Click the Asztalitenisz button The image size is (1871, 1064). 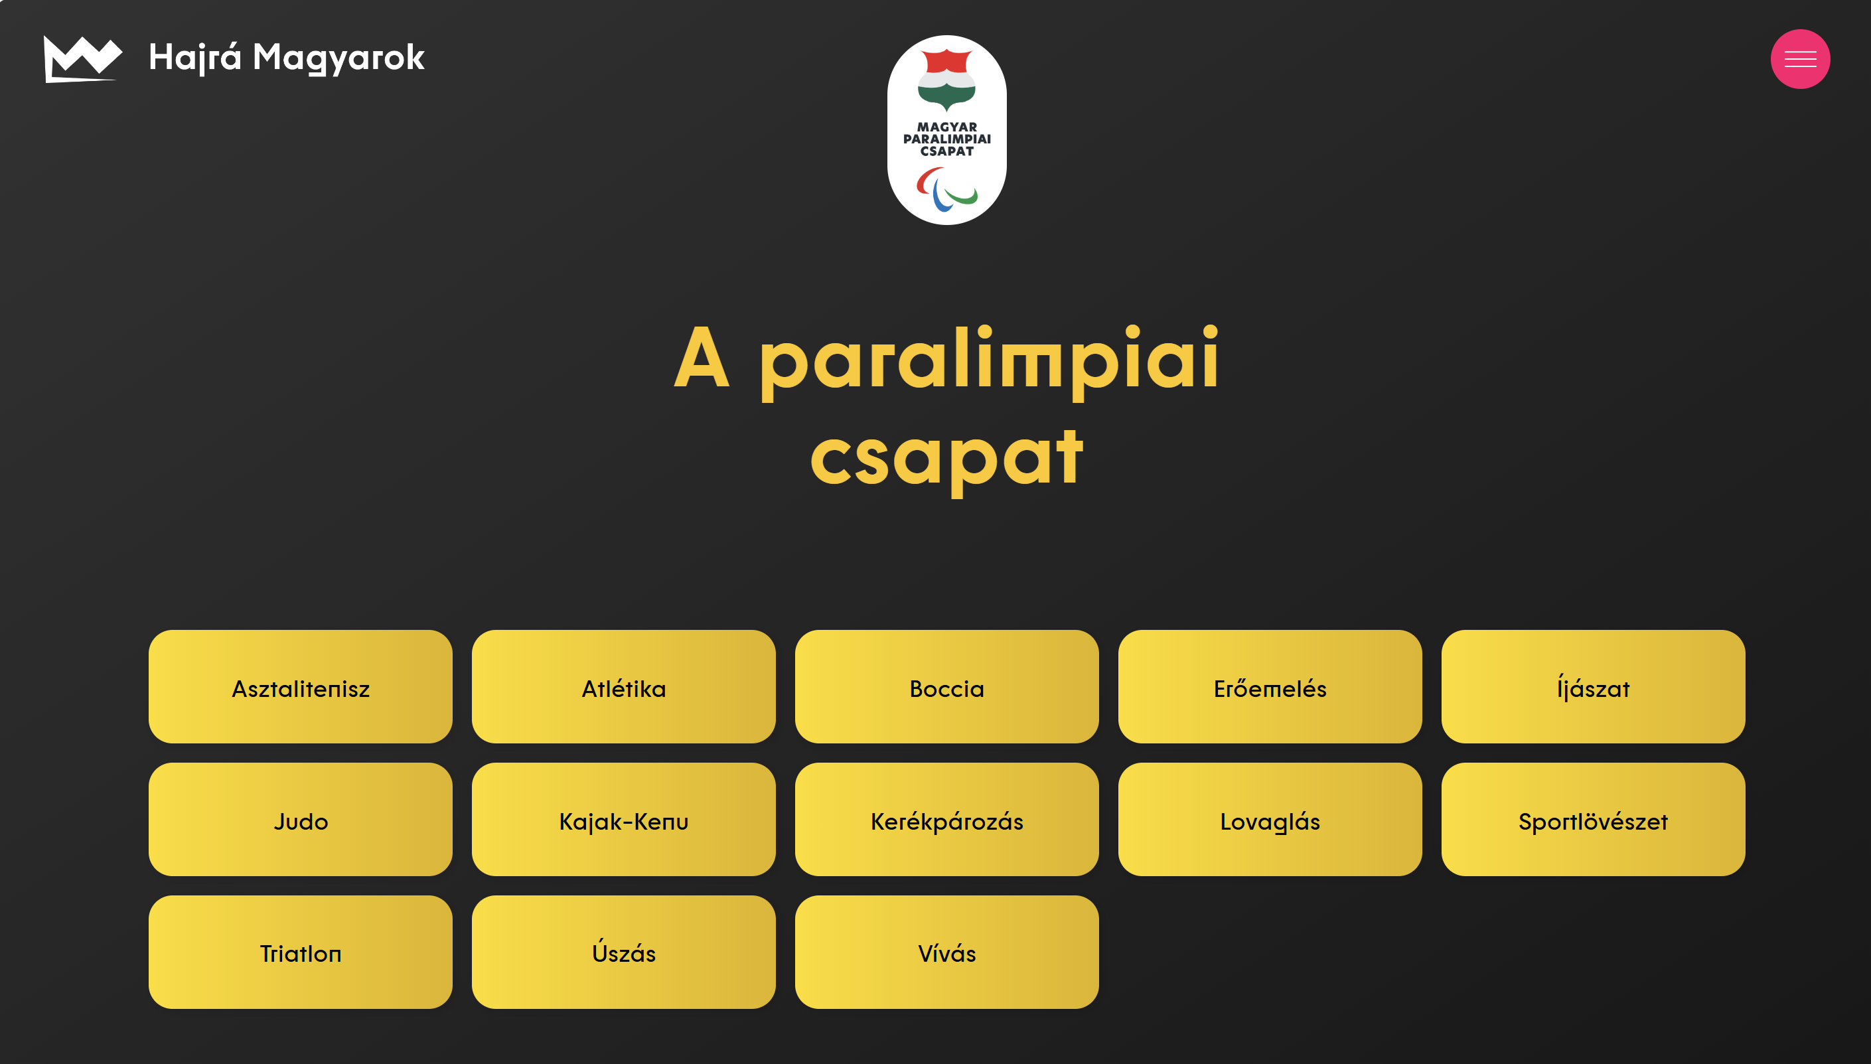[x=300, y=686]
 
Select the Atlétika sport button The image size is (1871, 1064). [x=623, y=686]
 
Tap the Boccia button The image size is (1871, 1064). [x=947, y=686]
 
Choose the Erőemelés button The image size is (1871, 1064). [x=1270, y=686]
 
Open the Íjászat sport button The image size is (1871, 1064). [x=1593, y=686]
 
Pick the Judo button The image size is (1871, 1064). [x=300, y=819]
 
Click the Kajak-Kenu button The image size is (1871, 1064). [x=623, y=819]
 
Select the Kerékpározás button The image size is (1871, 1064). [x=947, y=819]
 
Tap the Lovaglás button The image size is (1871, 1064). [x=1270, y=819]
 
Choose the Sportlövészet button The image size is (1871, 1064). [x=1593, y=819]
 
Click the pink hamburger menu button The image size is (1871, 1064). [x=1799, y=59]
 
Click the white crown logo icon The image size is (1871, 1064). [x=82, y=59]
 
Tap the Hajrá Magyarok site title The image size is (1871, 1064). [x=286, y=58]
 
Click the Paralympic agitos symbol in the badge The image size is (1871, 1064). [x=947, y=189]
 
